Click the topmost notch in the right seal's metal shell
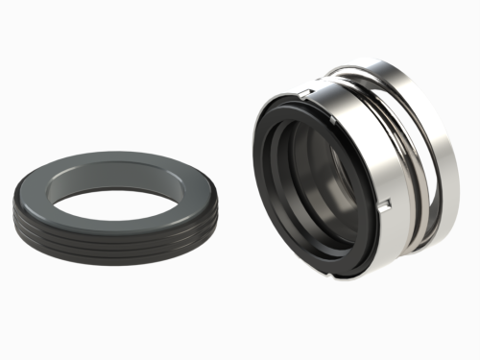302,92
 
